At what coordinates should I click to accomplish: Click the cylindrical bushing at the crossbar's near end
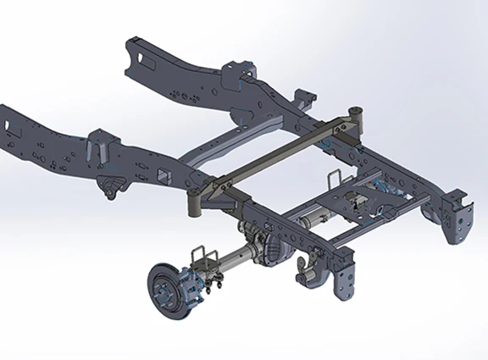pyautogui.click(x=194, y=204)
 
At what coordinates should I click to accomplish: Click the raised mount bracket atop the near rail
pyautogui.click(x=101, y=144)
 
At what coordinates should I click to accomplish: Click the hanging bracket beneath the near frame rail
pyautogui.click(x=109, y=188)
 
